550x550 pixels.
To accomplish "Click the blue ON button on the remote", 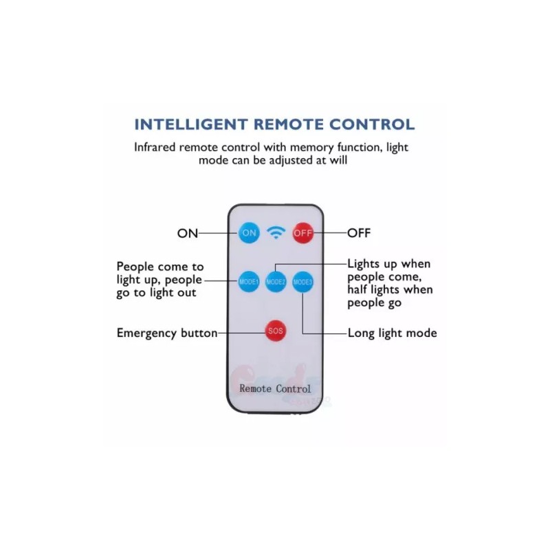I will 250,233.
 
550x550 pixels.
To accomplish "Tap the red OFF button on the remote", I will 303,233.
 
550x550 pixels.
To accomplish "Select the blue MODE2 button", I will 276,282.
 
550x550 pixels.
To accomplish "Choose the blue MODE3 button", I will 302,282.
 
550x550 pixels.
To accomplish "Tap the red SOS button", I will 276,331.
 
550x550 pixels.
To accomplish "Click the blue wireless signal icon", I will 276,233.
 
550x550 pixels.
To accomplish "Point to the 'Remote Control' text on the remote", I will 275,388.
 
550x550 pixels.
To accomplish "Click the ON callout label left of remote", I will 187,233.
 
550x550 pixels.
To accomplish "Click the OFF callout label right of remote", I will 359,233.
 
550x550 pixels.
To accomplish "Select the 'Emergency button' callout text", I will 166,333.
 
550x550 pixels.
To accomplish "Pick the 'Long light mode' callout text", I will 392,333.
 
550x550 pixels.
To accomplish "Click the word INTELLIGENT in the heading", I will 190,124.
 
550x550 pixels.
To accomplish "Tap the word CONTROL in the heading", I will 371,124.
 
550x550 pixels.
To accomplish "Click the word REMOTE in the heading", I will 287,124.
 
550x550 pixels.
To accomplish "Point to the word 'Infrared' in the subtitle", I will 157,146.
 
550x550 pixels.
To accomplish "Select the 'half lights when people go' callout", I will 390,296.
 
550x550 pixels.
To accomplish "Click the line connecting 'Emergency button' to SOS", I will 241,333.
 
